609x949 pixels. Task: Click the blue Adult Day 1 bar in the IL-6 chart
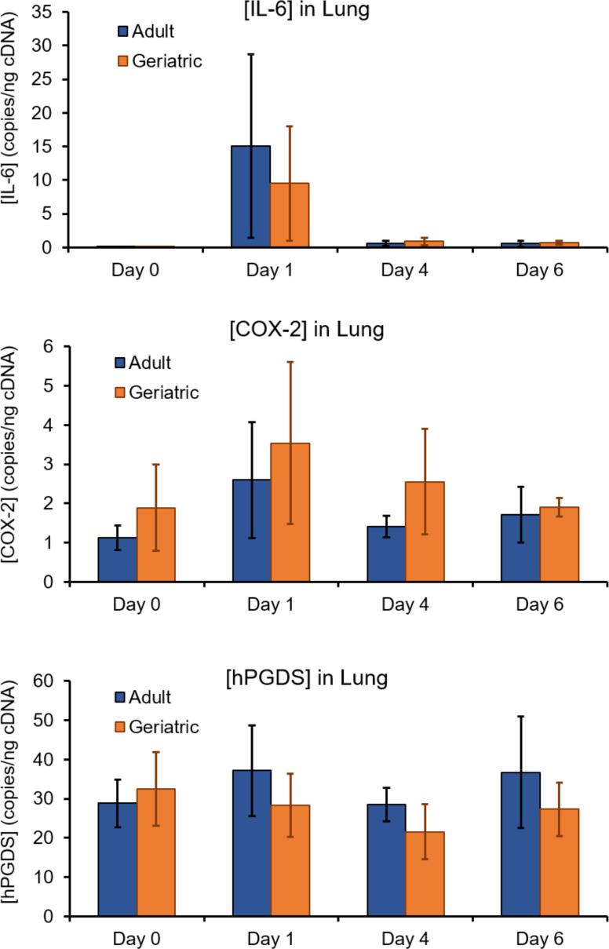click(251, 196)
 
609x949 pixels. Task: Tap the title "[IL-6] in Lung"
click(317, 9)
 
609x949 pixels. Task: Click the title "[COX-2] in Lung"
click(317, 329)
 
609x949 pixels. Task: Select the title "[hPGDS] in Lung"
click(317, 677)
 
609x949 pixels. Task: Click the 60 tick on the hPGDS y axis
click(49, 681)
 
